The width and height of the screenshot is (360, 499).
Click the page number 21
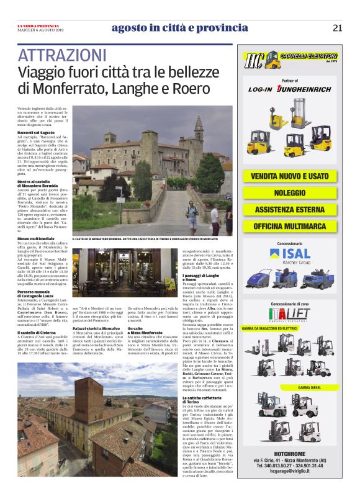tap(337, 27)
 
